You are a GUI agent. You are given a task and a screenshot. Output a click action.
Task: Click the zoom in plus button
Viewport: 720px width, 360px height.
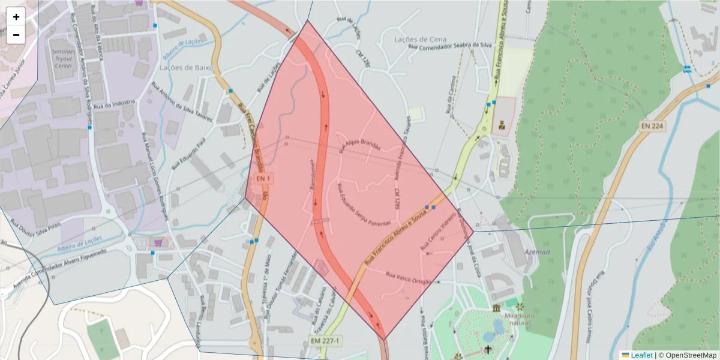pos(16,17)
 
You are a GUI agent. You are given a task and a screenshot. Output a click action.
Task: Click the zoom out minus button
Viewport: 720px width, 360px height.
pos(16,35)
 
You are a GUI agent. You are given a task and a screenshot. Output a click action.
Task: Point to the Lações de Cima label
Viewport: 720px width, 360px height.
pos(420,39)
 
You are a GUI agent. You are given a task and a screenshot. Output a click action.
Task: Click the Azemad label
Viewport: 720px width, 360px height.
pos(538,252)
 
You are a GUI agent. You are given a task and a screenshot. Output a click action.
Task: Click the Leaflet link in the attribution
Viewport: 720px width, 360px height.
pos(641,355)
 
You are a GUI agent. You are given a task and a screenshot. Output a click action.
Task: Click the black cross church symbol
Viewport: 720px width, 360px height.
pos(488,349)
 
